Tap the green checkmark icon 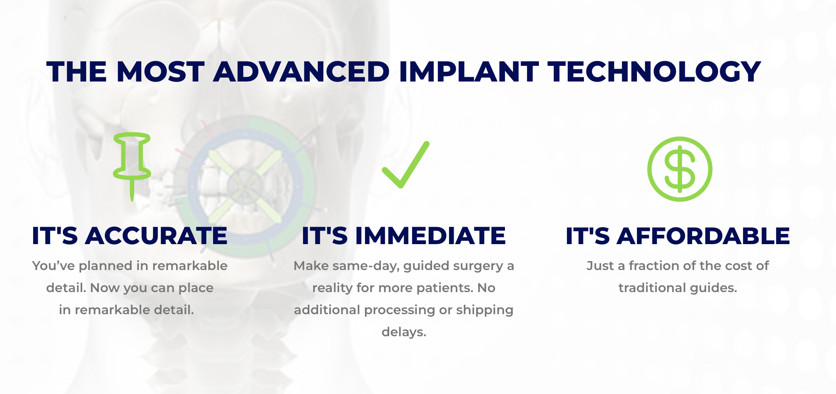click(406, 165)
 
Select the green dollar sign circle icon click(679, 169)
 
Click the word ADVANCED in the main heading click(301, 71)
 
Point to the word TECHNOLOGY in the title click(654, 71)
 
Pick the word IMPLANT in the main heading click(468, 71)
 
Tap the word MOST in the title click(161, 71)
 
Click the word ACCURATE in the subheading click(157, 236)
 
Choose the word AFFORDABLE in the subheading click(703, 236)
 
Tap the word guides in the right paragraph click(714, 288)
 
